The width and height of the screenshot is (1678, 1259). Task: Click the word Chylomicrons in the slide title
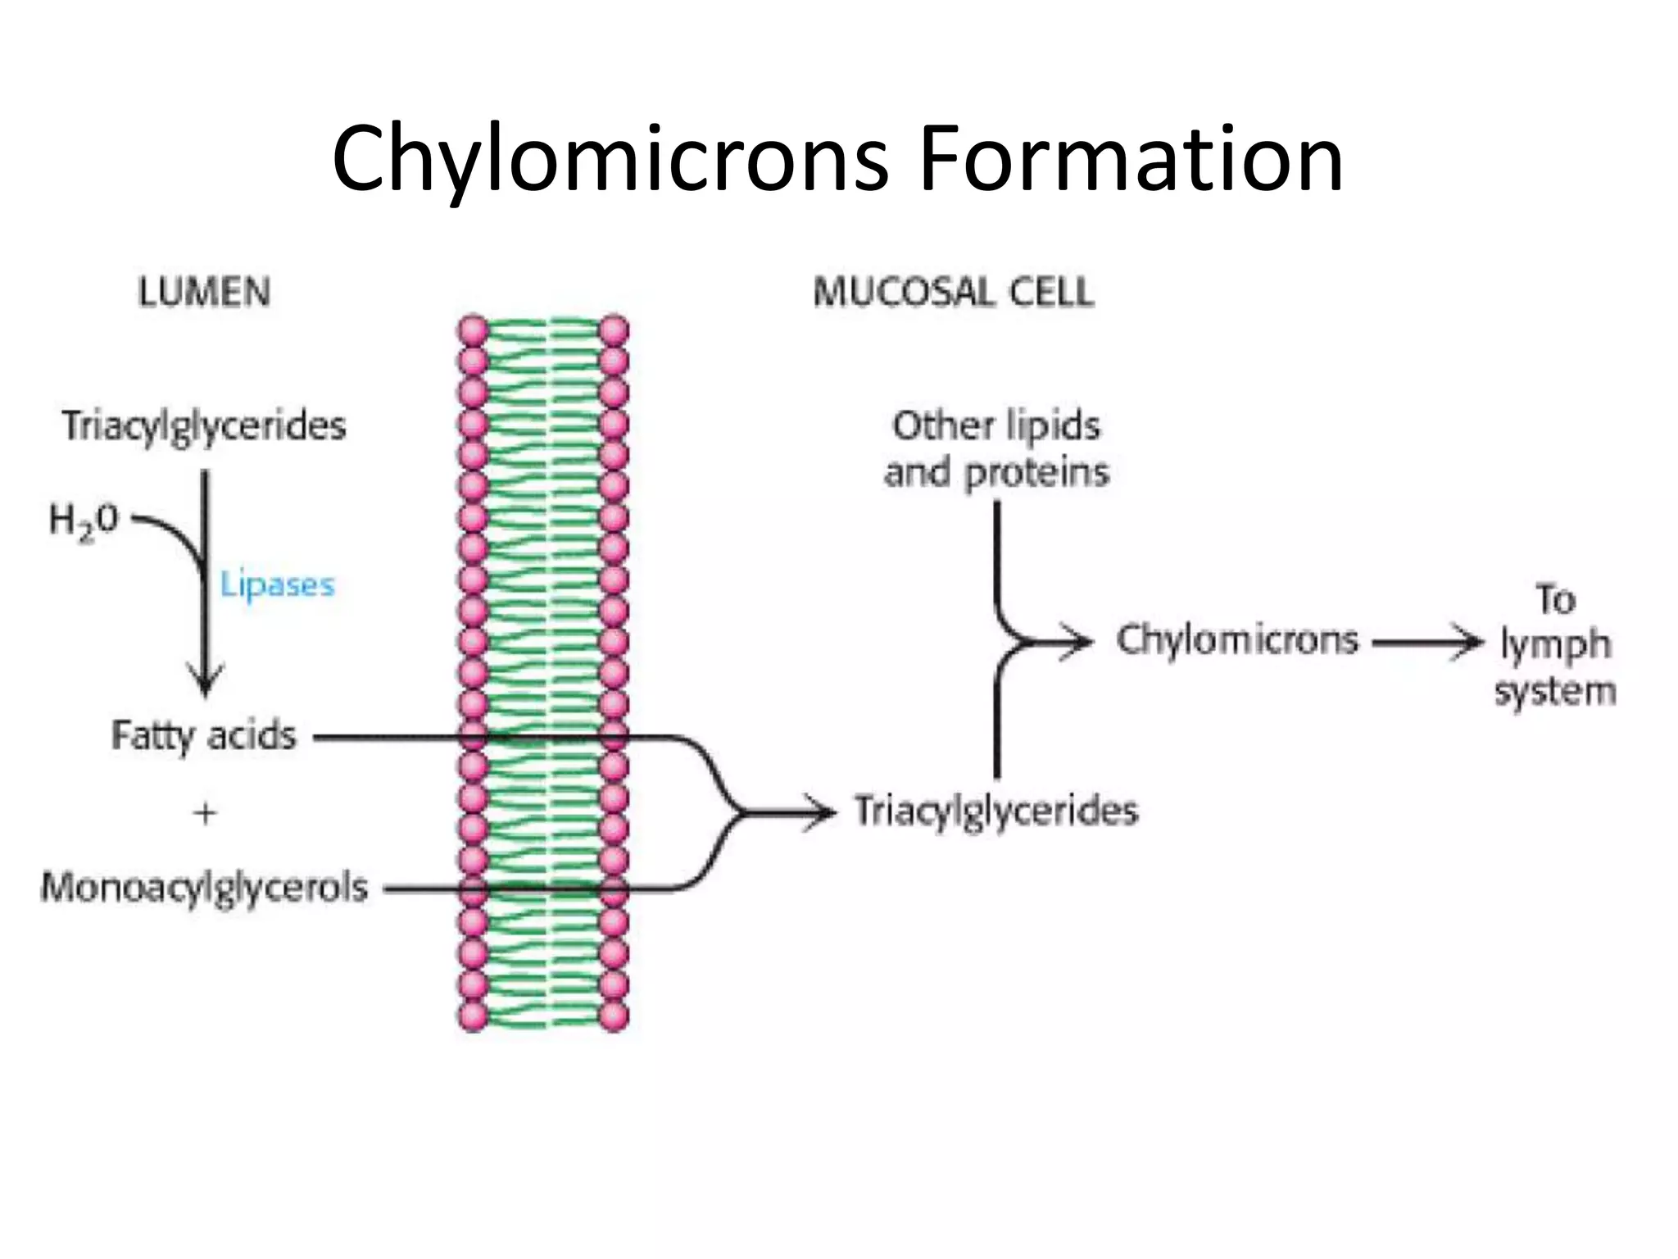610,161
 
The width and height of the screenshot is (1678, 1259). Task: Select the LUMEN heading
204,293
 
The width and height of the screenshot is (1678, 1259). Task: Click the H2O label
84,521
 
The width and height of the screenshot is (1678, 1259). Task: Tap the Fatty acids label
204,736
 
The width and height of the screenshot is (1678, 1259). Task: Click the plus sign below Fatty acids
205,814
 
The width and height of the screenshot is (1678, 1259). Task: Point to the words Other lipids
996,425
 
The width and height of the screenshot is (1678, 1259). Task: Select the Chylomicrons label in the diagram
1237,640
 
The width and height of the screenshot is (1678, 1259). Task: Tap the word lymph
1555,646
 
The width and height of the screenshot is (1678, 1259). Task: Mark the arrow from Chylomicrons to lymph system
1427,643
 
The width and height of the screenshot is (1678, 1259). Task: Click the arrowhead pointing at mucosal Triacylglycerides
819,812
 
